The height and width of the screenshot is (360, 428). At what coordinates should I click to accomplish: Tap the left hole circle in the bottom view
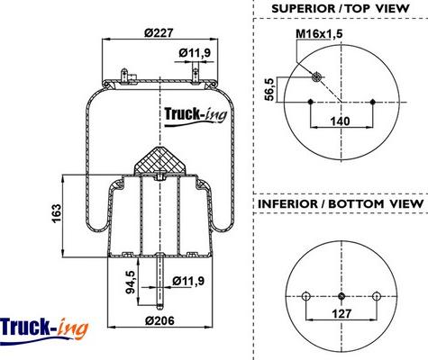coord(307,297)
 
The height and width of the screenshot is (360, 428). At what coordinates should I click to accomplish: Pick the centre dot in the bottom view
coord(341,297)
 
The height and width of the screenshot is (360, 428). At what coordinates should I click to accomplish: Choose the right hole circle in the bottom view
coord(374,297)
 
